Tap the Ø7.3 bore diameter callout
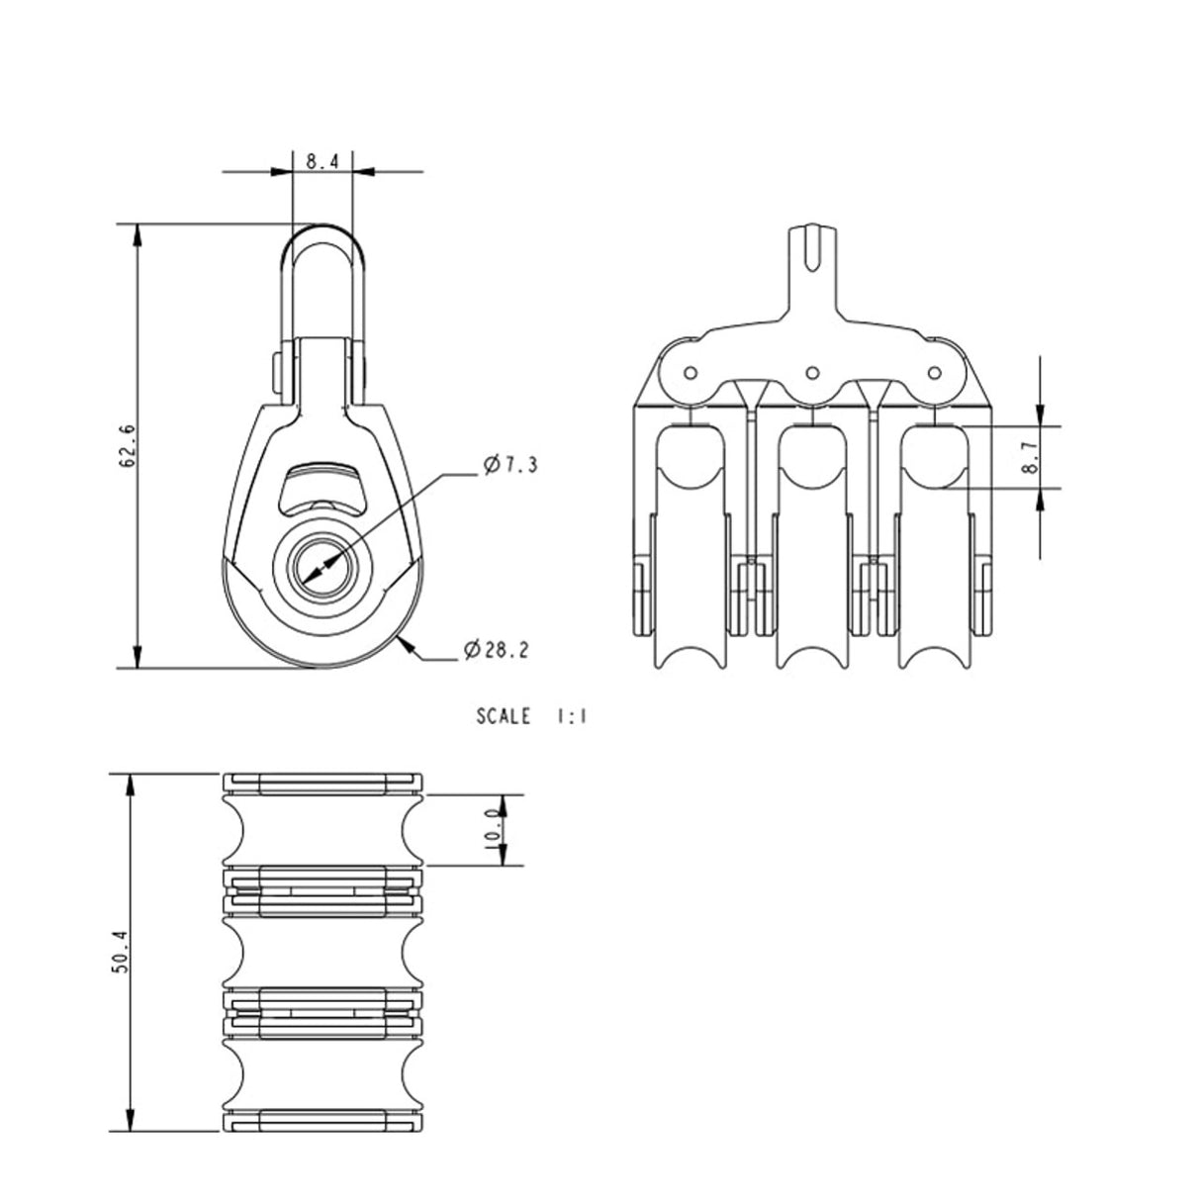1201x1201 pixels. click(x=510, y=465)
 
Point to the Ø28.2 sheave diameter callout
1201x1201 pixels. click(x=496, y=650)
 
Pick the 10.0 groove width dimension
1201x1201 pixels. click(x=504, y=830)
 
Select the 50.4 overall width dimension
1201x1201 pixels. click(x=120, y=955)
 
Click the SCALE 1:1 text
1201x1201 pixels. click(x=531, y=716)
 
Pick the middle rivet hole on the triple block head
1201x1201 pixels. click(x=811, y=372)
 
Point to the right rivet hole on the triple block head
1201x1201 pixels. click(x=932, y=372)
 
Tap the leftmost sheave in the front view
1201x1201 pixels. click(x=691, y=554)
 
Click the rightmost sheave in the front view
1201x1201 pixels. click(x=932, y=554)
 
